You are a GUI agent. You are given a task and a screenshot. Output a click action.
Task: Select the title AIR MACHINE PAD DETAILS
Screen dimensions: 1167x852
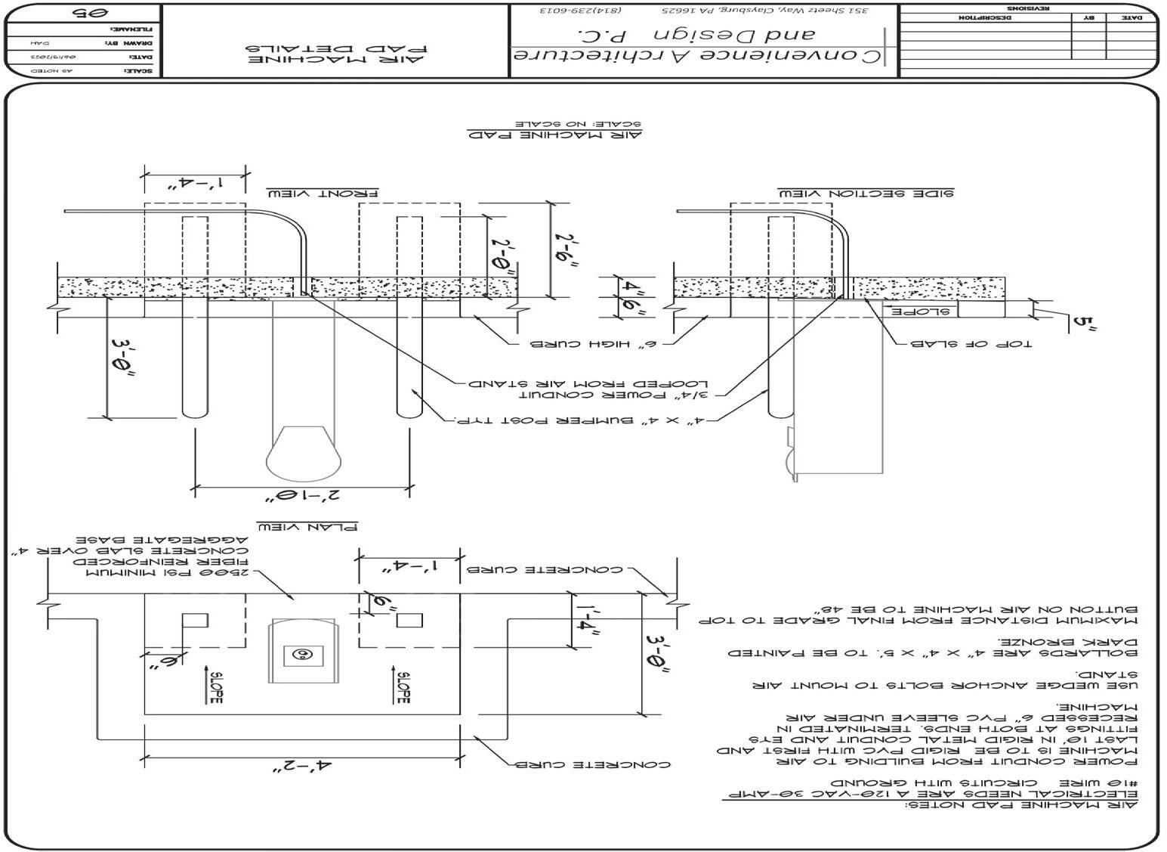(336, 54)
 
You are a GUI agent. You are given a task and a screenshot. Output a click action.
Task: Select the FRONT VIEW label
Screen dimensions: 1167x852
(321, 193)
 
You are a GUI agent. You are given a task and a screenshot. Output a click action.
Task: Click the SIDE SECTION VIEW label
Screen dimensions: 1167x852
(866, 194)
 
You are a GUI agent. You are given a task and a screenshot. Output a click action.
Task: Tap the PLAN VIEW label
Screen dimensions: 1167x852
(307, 526)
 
